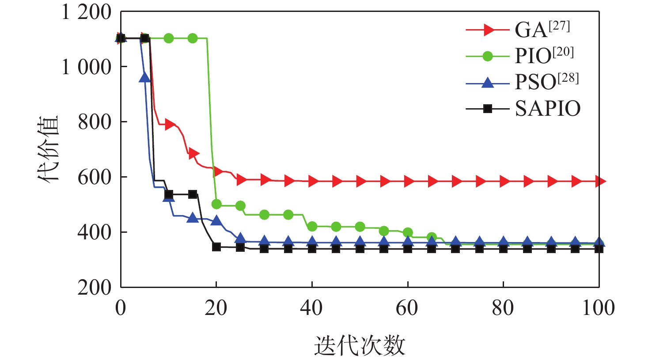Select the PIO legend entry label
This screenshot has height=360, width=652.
[544, 56]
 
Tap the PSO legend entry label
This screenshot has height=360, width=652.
[546, 82]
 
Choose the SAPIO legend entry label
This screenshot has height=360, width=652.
[548, 109]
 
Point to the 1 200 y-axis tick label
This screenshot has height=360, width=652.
[87, 12]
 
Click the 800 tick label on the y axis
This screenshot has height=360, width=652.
[95, 122]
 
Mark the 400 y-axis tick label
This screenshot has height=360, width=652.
[95, 232]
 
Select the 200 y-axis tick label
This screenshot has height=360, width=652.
[95, 288]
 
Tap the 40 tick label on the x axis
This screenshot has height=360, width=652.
[311, 308]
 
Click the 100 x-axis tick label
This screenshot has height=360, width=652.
[599, 308]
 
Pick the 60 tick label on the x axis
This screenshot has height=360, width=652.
[407, 308]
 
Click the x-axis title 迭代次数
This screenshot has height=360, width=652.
[360, 345]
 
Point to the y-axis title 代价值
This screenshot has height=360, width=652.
[48, 149]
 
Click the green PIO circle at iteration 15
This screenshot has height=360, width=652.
[193, 38]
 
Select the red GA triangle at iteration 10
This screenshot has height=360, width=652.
[169, 124]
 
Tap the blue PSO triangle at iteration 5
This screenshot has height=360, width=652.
[145, 78]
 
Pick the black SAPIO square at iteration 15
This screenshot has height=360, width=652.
[193, 194]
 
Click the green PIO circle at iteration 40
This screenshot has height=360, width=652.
[312, 227]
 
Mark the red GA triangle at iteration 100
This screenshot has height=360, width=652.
[599, 181]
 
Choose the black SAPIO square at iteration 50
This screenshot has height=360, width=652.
[360, 249]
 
